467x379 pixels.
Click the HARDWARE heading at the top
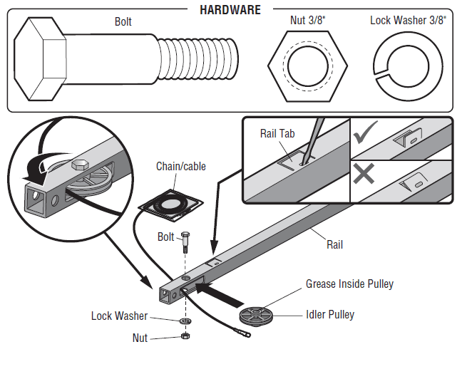tap(230, 10)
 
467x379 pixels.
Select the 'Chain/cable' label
tap(181, 167)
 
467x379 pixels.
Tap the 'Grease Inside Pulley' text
tap(349, 284)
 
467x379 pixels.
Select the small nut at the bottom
tap(185, 336)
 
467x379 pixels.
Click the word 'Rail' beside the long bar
tap(334, 244)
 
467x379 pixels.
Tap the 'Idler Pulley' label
tap(330, 314)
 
